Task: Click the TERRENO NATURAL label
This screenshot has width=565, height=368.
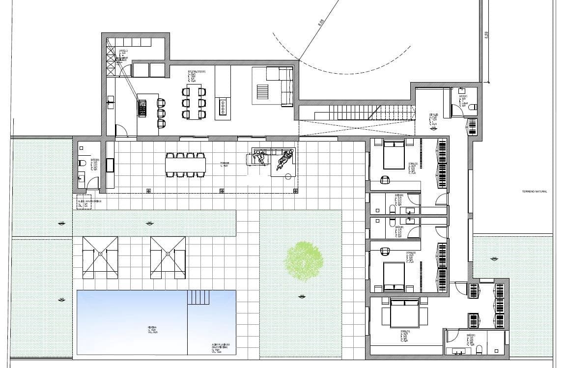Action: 535,192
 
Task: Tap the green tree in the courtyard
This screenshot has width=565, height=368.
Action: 305,261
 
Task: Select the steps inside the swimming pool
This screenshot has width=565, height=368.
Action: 198,297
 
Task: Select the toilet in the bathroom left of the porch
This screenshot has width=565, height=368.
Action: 82,162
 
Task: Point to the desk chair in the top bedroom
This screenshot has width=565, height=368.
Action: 386,179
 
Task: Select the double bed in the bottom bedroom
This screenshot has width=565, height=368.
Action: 404,312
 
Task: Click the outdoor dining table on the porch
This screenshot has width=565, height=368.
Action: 185,165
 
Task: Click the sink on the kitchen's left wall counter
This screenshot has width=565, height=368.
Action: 110,104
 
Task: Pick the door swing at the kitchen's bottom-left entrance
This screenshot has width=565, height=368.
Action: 121,131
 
